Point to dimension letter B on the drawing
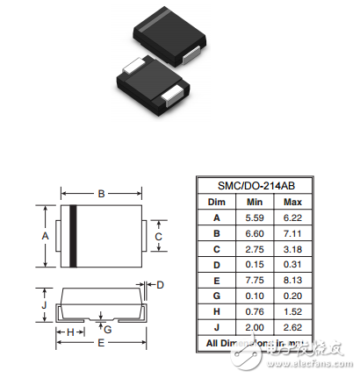click(x=102, y=193)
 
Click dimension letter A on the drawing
click(x=46, y=236)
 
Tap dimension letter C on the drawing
click(x=158, y=236)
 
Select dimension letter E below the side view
click(x=102, y=343)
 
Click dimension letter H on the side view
click(x=69, y=332)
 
